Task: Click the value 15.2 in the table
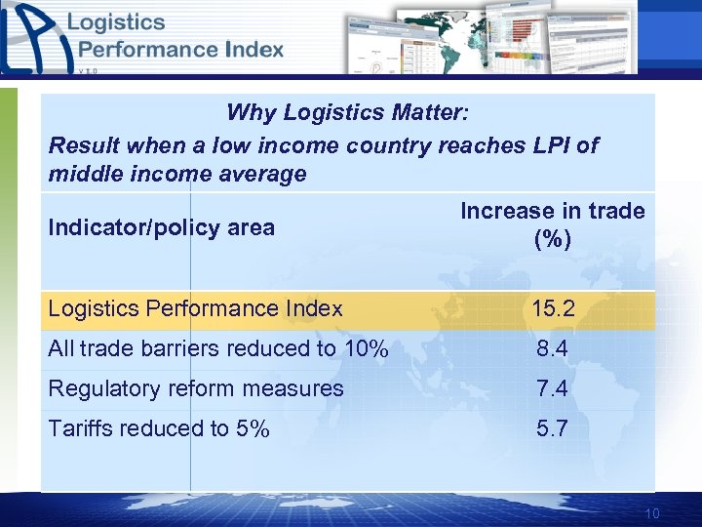[x=553, y=309]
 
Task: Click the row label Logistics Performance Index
[x=195, y=309]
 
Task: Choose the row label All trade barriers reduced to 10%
[x=218, y=348]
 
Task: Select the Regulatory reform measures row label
[x=196, y=388]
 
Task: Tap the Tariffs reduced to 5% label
[x=159, y=428]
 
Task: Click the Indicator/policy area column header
[x=161, y=227]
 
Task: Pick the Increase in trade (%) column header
[x=553, y=224]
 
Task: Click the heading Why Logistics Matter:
[x=348, y=112]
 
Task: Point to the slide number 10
[x=652, y=514]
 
